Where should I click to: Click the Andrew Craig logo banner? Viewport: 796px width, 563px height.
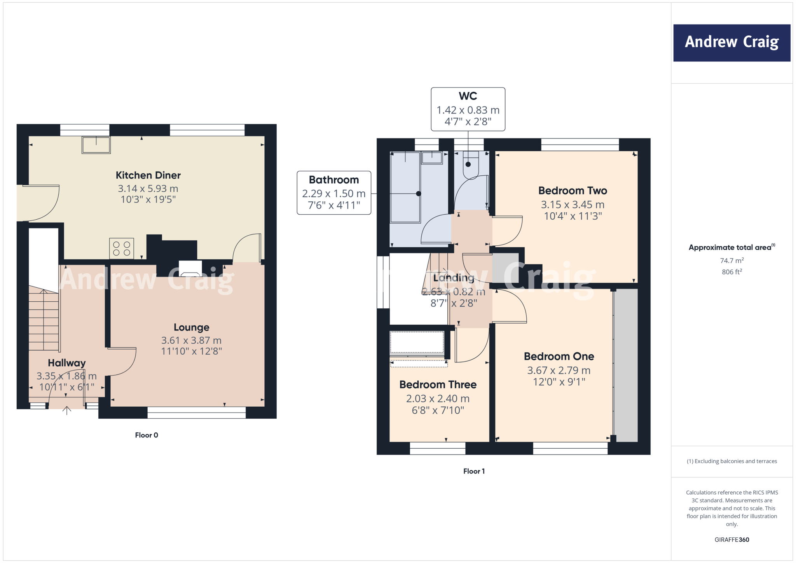(731, 43)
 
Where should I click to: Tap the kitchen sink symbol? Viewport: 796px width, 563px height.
(96, 145)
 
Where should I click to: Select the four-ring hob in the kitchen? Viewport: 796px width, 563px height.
(122, 248)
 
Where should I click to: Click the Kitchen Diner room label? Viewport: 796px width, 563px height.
(148, 175)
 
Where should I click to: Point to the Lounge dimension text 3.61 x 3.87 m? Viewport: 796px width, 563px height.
(191, 340)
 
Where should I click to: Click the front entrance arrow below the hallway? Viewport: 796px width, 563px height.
(67, 411)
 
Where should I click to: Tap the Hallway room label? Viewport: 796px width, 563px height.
(67, 363)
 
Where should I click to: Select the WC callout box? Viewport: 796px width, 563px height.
(468, 109)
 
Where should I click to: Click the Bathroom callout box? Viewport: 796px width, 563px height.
(334, 193)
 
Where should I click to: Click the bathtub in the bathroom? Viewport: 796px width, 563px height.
(405, 187)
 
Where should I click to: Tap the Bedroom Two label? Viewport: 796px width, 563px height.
(573, 191)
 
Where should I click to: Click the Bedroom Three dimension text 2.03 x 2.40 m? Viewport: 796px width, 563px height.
(438, 399)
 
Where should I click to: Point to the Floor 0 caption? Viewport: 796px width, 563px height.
(147, 435)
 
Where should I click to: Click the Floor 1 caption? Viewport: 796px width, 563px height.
(474, 471)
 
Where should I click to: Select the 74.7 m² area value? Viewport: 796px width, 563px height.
(731, 261)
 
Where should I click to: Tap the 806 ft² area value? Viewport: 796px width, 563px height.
(731, 272)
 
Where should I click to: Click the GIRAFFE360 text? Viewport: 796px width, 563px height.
(731, 540)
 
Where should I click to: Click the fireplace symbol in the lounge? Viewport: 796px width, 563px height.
(190, 269)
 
